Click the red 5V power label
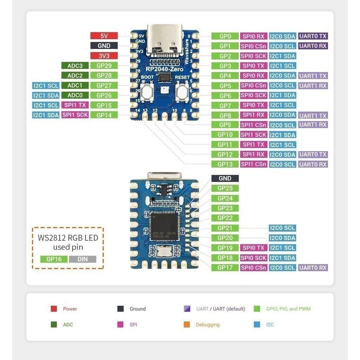click(x=104, y=36)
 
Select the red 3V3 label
click(x=104, y=56)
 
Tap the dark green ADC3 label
click(x=75, y=66)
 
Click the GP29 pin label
click(x=104, y=66)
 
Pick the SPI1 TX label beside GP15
click(x=75, y=105)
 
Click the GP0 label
click(x=225, y=36)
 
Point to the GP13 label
click(x=225, y=164)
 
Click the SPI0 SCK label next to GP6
click(x=254, y=95)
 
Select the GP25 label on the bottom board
click(x=225, y=188)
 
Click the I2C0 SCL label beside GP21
click(x=283, y=228)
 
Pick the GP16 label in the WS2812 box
click(x=54, y=259)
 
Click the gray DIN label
click(x=83, y=259)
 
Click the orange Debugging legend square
click(x=186, y=324)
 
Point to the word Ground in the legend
click(x=138, y=309)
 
